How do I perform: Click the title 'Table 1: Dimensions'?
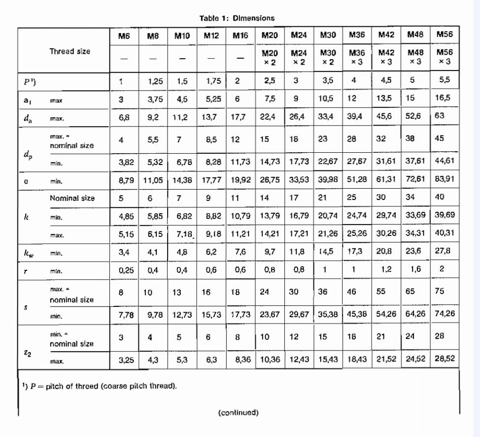click(x=237, y=18)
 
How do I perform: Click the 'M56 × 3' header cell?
click(x=445, y=57)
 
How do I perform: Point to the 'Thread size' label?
click(x=70, y=51)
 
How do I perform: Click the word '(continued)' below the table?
click(x=238, y=412)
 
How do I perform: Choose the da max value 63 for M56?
click(x=440, y=117)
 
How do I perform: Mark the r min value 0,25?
click(x=127, y=270)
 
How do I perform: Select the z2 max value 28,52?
click(x=445, y=361)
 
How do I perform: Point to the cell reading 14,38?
click(x=183, y=180)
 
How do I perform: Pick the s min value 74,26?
click(x=445, y=315)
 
